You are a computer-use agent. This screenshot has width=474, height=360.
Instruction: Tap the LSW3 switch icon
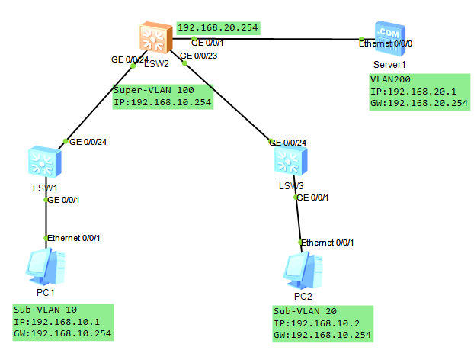click(x=293, y=161)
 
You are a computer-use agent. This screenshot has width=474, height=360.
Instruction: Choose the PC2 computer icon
click(x=301, y=268)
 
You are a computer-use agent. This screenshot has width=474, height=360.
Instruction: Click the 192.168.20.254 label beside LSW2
click(x=218, y=28)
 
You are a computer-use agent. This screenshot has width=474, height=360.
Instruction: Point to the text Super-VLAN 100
click(x=154, y=90)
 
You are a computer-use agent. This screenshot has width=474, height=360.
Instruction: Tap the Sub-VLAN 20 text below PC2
click(x=304, y=311)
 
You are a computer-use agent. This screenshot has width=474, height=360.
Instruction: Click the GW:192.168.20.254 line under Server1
click(x=419, y=103)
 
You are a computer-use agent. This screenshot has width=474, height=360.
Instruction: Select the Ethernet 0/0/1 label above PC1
click(x=74, y=238)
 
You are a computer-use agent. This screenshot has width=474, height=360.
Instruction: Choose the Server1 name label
click(x=389, y=66)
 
